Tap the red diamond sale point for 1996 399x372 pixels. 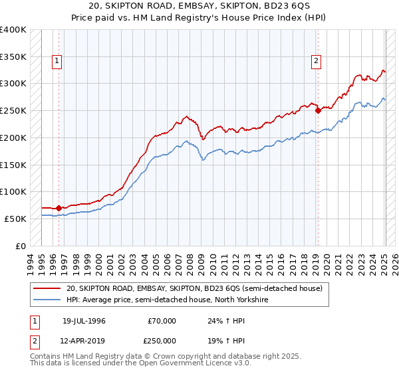point(59,208)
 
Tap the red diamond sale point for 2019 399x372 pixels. point(318,110)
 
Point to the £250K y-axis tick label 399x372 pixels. point(13,110)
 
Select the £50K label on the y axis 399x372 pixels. point(15,219)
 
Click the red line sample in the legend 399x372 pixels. point(47,289)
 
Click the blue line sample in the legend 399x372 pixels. point(47,300)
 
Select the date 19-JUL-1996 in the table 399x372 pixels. point(84,321)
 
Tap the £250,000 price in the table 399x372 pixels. point(162,340)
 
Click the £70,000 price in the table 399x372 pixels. point(162,321)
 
